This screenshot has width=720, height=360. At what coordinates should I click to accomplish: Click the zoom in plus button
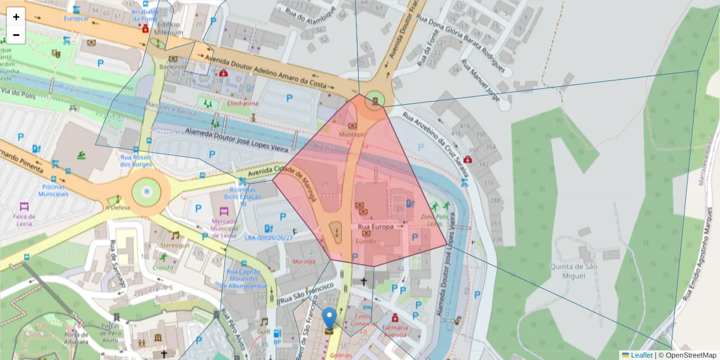click(16, 16)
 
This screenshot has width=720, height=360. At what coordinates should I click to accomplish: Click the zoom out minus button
click(16, 35)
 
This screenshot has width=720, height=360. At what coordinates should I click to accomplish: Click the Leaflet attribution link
click(641, 355)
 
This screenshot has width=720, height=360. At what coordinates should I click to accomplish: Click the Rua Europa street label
click(376, 227)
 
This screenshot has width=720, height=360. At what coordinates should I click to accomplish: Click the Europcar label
click(77, 18)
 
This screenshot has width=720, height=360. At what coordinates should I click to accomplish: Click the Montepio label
click(353, 135)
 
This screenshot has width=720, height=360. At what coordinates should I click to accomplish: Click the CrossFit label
click(164, 267)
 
